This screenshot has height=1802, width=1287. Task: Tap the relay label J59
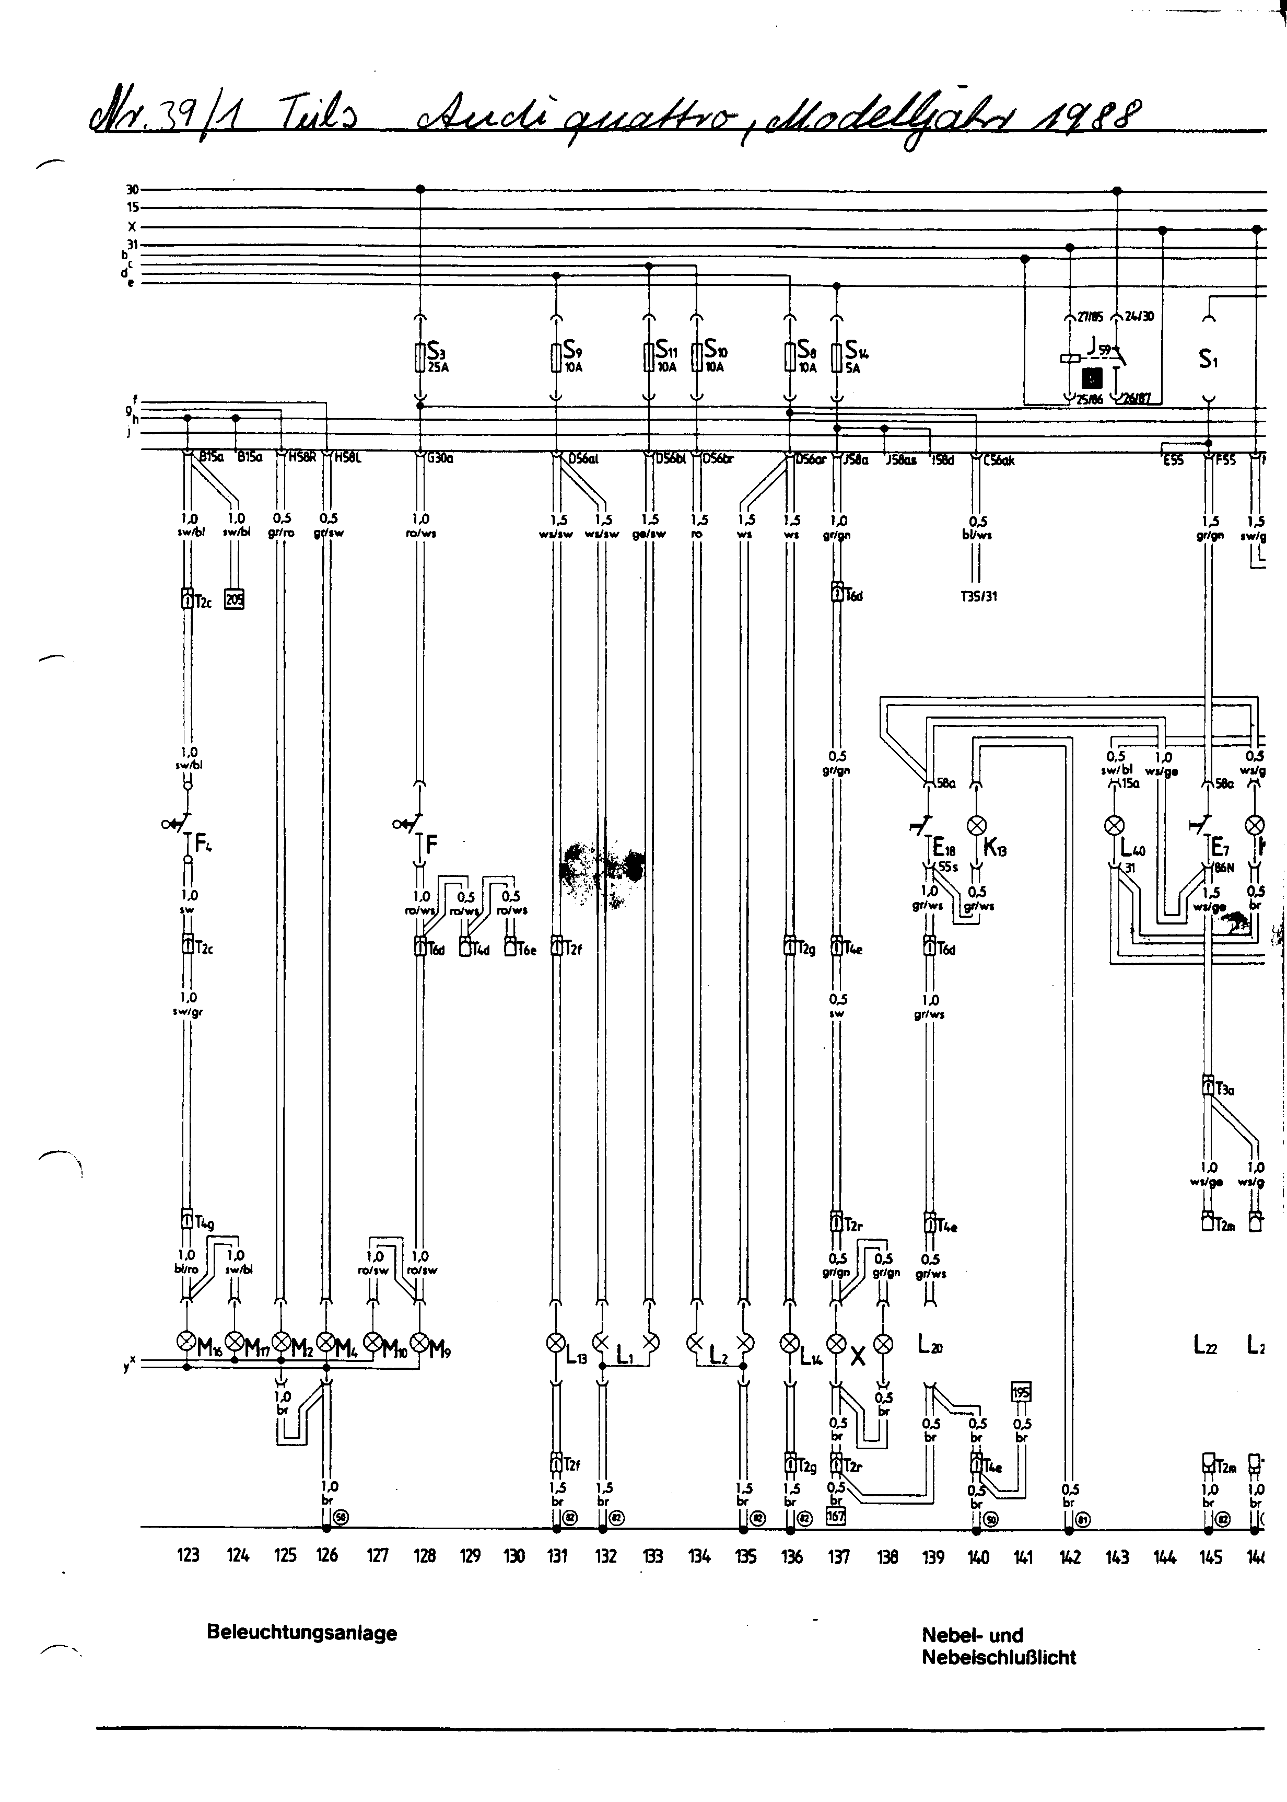pyautogui.click(x=1098, y=347)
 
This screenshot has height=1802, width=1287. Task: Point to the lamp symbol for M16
pyautogui.click(x=186, y=1341)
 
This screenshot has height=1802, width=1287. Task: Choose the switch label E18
pyautogui.click(x=943, y=847)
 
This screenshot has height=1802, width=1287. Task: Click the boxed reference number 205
pyautogui.click(x=235, y=599)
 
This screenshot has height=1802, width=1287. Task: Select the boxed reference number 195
pyautogui.click(x=1022, y=1393)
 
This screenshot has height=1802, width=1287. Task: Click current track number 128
pyautogui.click(x=425, y=1556)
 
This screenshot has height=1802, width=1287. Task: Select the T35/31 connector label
pyautogui.click(x=979, y=596)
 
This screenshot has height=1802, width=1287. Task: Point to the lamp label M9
pyautogui.click(x=441, y=1348)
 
